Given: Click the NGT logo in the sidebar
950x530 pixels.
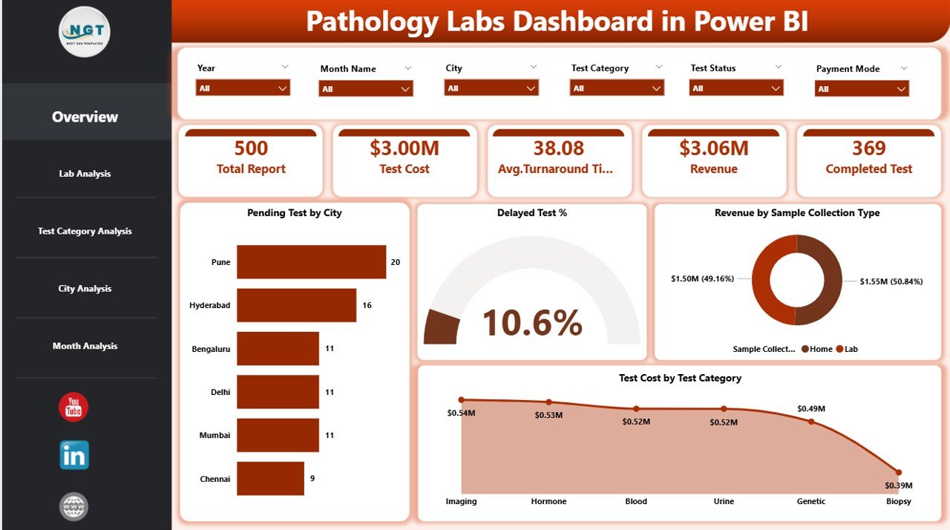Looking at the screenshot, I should coord(84,32).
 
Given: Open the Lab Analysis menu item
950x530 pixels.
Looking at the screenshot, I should coord(85,174).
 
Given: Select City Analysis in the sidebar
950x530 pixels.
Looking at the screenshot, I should coord(85,289).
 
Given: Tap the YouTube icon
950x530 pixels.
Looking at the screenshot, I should coord(73,408).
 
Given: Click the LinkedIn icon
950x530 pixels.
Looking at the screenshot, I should coord(74,455).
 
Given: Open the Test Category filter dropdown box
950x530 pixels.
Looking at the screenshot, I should coord(617,88).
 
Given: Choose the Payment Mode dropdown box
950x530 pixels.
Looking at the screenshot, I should coord(862,89).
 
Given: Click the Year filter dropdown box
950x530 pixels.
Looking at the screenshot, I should coord(243,88).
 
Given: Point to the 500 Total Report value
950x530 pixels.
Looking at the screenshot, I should coord(251,148).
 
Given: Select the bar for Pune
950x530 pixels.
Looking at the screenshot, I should coord(311,262).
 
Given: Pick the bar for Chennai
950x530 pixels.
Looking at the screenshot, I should coord(270,479).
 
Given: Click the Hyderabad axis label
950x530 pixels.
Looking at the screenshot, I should coord(210,306).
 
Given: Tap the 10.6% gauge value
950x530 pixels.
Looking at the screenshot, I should coord(531,323).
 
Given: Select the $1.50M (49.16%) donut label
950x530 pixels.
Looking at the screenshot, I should coord(703,279).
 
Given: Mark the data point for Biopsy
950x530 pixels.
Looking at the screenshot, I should coord(898,472).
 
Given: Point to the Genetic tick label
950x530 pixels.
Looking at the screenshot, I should coord(810,501).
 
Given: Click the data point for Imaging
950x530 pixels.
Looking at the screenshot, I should coord(461,400).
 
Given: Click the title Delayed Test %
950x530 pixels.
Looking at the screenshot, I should coord(531,213).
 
